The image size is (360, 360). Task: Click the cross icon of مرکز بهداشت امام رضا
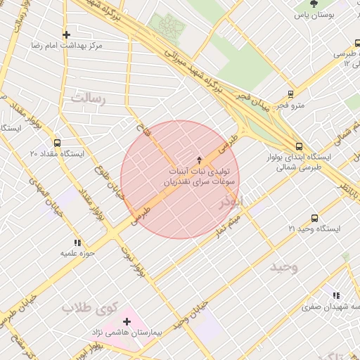pyautogui.click(x=67, y=34)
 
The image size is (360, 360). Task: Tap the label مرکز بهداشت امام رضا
pyautogui.click(x=67, y=46)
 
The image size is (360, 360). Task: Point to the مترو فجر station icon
pyautogui.click(x=290, y=94)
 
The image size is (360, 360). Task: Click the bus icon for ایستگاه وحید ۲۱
pyautogui.click(x=314, y=218)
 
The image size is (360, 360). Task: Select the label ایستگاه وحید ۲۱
pyautogui.click(x=314, y=229)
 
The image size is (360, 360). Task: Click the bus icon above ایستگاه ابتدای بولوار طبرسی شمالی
pyautogui.click(x=300, y=146)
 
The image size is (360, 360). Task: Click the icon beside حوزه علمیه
pyautogui.click(x=77, y=242)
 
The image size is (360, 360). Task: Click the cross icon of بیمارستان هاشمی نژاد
pyautogui.click(x=127, y=321)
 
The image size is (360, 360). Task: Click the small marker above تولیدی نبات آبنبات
pyautogui.click(x=199, y=160)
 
